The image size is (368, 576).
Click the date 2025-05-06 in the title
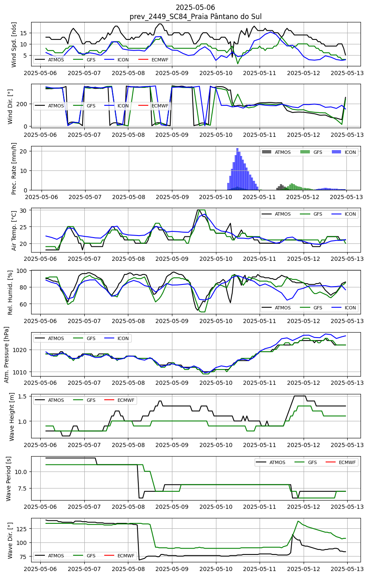(195, 7)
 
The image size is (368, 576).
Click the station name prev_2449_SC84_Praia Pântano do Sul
(196, 17)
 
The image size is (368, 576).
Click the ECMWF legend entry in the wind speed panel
(154, 60)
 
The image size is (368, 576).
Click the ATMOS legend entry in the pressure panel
(49, 338)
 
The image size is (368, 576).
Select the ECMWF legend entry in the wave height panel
(119, 400)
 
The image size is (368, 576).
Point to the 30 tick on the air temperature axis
(27, 210)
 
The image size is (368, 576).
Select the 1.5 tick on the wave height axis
(26, 396)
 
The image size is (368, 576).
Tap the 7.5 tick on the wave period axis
(26, 489)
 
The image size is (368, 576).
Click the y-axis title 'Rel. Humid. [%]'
(10, 292)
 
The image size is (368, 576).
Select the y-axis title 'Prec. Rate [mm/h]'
(14, 168)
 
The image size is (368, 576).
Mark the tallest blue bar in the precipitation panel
(238, 169)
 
